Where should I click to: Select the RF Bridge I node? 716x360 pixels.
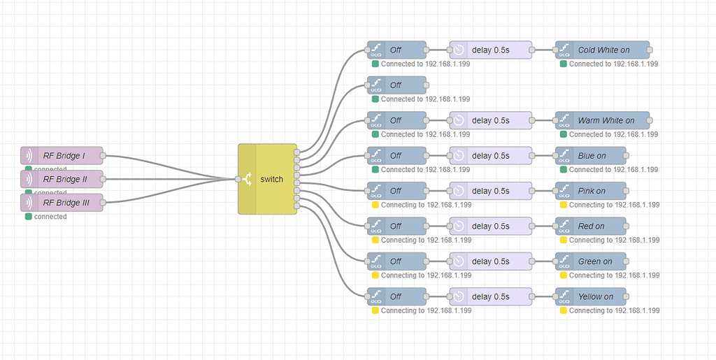tap(62, 156)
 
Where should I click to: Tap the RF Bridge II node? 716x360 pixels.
tap(62, 179)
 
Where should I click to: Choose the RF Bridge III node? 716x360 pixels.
tap(62, 203)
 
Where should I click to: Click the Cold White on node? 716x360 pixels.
tap(603, 50)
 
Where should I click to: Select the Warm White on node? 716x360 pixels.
tap(603, 120)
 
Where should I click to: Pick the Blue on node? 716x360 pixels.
tap(591, 155)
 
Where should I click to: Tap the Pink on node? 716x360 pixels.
tap(591, 191)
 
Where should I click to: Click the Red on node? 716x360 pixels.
tap(591, 226)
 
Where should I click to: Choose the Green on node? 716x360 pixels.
tap(591, 261)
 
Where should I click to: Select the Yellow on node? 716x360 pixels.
tap(591, 296)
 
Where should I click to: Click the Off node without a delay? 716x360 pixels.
tap(396, 85)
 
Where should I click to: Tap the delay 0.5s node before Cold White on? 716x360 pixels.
tap(490, 50)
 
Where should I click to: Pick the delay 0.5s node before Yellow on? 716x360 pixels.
tap(490, 296)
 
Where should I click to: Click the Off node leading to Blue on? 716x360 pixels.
tap(396, 155)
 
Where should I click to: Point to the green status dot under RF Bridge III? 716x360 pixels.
tap(28, 217)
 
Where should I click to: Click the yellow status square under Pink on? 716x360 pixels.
tap(564, 205)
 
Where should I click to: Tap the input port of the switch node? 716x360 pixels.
tap(238, 179)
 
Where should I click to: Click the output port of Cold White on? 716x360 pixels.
tap(650, 50)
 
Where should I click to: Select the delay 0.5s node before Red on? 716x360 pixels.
tap(490, 226)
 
